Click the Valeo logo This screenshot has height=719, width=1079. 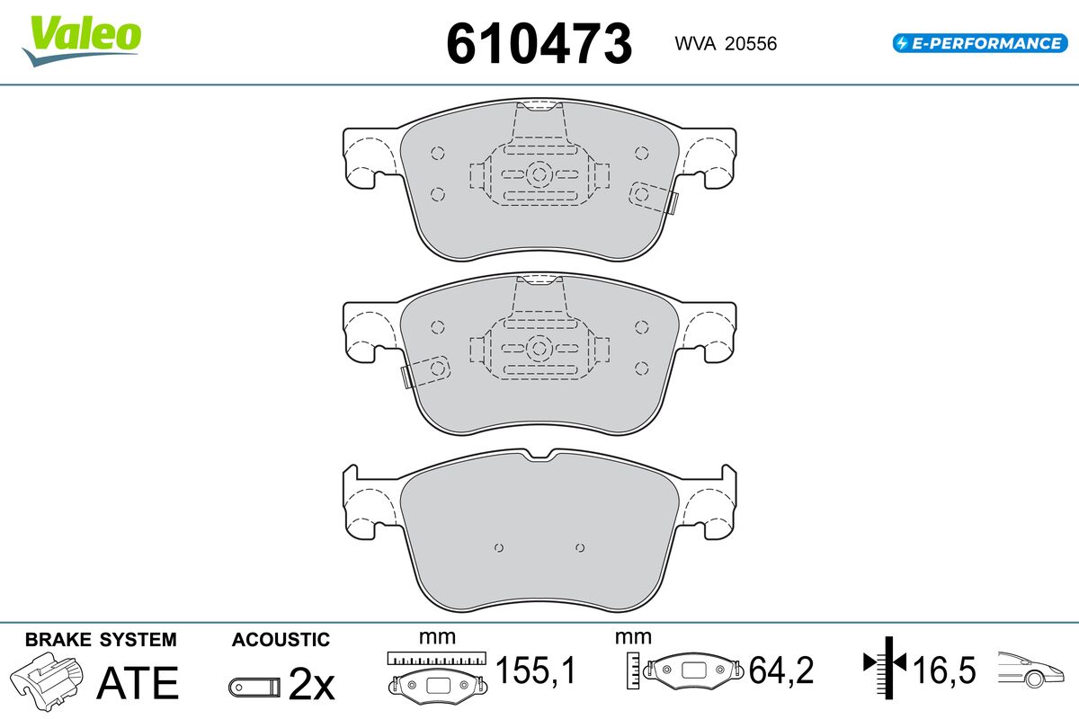[x=82, y=40]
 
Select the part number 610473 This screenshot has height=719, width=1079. [x=539, y=44]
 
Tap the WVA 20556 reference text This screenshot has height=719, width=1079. [x=726, y=44]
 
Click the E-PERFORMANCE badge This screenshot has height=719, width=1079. [x=980, y=43]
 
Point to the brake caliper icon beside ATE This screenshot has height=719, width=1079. [x=47, y=681]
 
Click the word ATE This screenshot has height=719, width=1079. [x=138, y=683]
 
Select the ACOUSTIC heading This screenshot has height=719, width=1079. [x=281, y=640]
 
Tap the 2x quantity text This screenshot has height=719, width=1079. [x=311, y=684]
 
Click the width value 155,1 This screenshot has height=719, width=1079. [x=535, y=670]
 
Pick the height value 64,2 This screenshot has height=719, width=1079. [x=781, y=670]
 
